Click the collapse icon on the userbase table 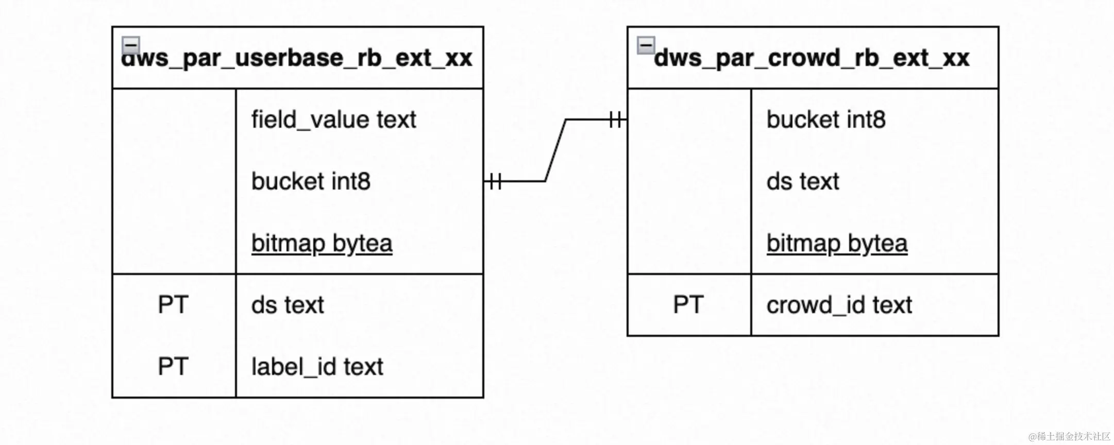tap(131, 45)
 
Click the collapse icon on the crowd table tap(646, 45)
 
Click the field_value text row tap(333, 120)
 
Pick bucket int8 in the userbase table tap(311, 181)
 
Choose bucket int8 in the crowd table tap(826, 119)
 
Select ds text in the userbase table tap(288, 305)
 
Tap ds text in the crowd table tap(803, 181)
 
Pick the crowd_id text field tap(839, 305)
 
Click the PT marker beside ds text tap(173, 305)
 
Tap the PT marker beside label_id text tap(173, 367)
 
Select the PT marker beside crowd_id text tap(688, 305)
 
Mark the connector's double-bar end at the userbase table tap(494, 181)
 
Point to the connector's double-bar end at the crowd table tap(617, 120)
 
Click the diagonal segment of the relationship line tap(555, 150)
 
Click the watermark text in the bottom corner tap(1069, 436)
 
